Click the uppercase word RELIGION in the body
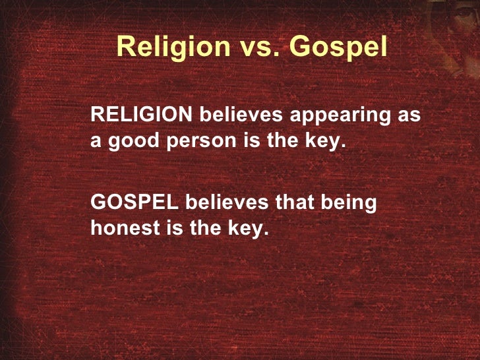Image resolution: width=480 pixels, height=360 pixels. (x=142, y=115)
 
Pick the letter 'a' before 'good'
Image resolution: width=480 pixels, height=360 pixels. (x=96, y=144)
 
